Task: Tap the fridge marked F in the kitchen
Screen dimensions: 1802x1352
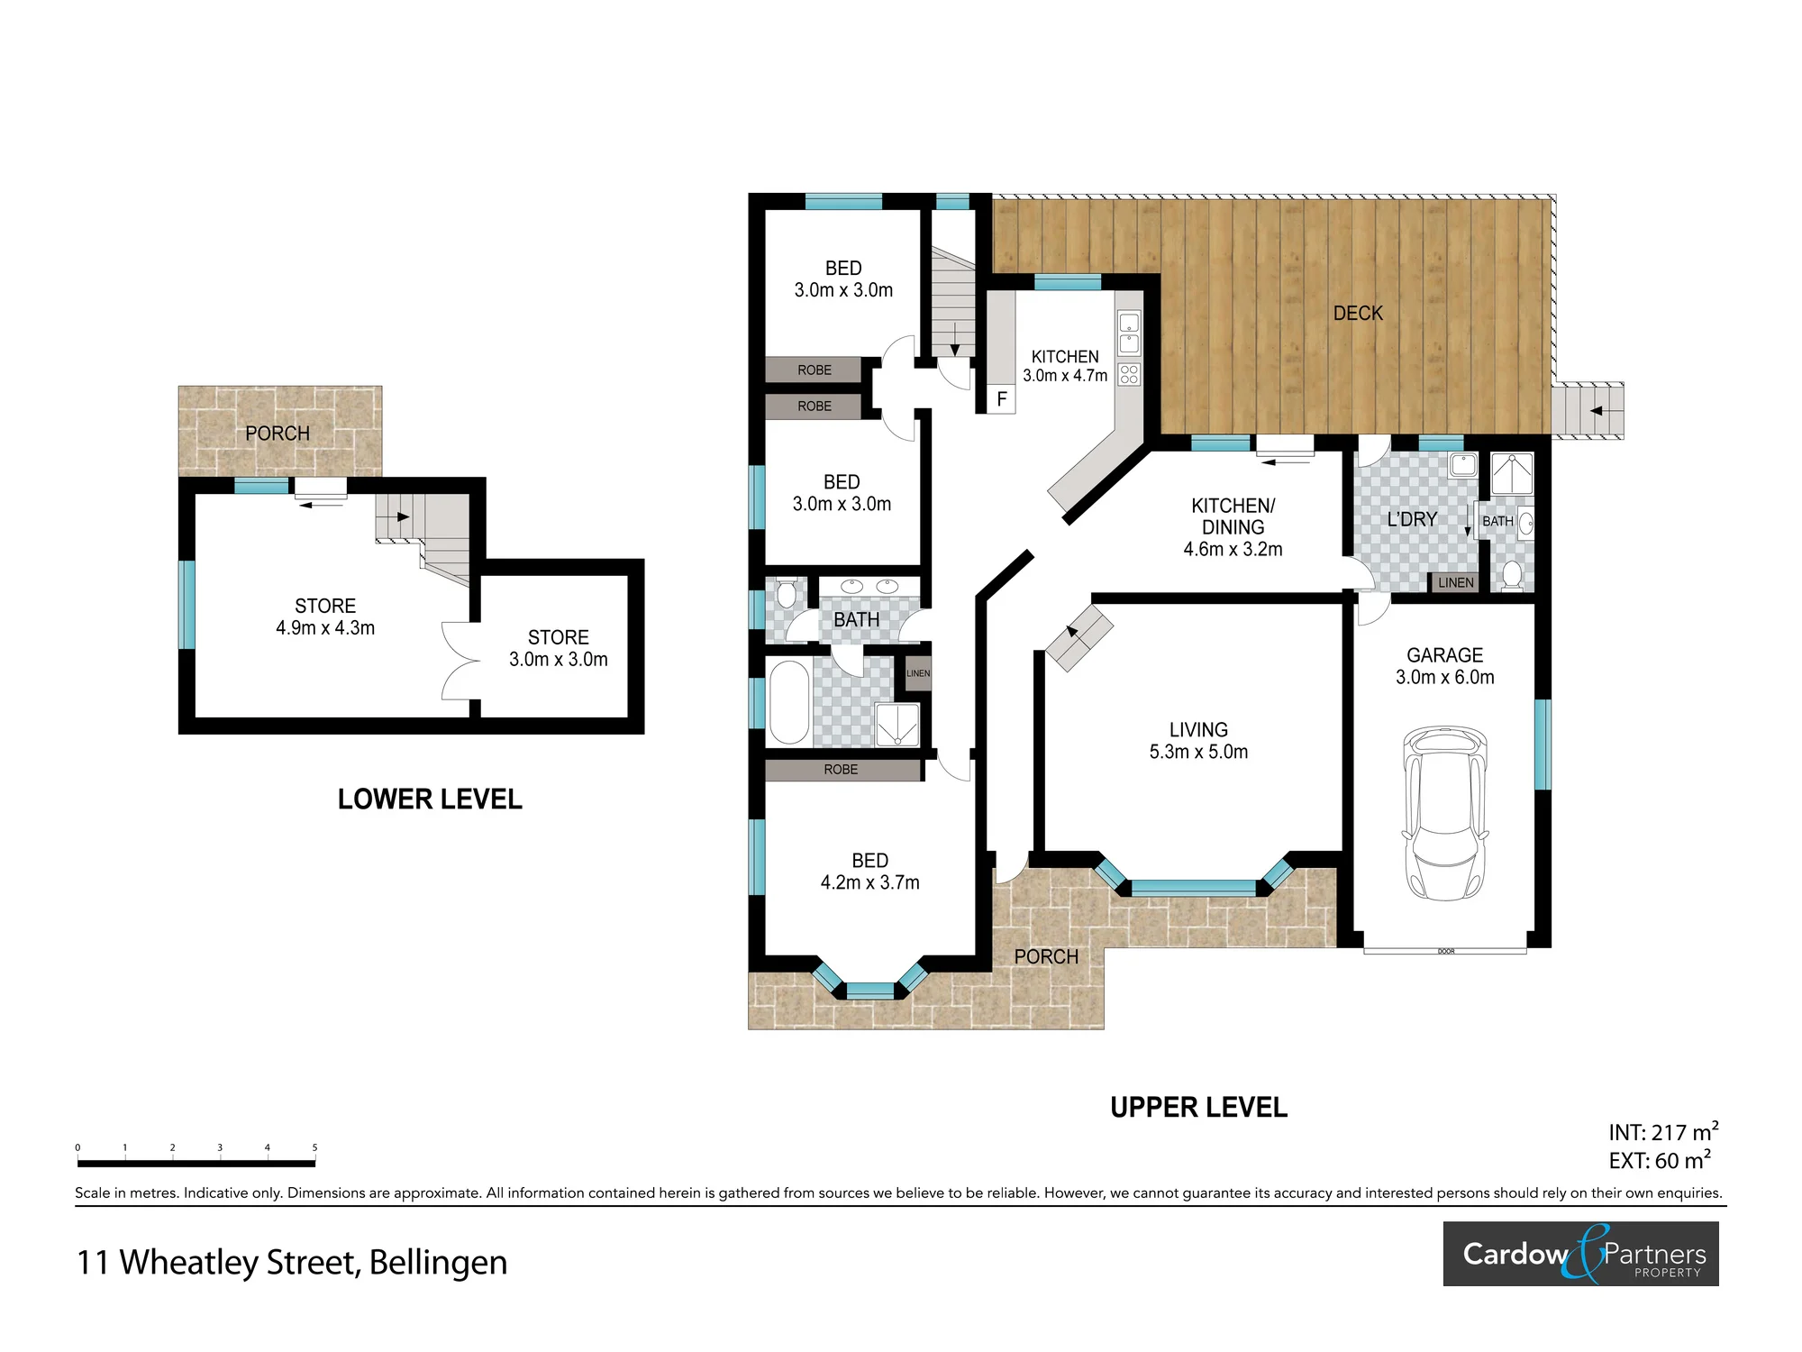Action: click(x=1002, y=399)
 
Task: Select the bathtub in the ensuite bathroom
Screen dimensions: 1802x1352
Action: click(x=790, y=702)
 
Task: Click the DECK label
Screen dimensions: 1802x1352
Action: click(x=1358, y=313)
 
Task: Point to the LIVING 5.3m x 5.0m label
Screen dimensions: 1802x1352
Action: click(x=1198, y=741)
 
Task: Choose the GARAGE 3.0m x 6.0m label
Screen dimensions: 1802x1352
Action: click(x=1444, y=666)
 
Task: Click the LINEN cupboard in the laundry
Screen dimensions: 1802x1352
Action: click(x=1456, y=582)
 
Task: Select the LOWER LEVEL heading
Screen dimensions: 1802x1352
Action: click(x=430, y=799)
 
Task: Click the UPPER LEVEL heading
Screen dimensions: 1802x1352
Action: click(x=1198, y=1108)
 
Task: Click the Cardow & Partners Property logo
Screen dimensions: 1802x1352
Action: click(x=1580, y=1254)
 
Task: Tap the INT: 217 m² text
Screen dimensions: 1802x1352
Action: click(x=1663, y=1132)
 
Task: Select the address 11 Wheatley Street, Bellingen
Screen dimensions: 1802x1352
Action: click(x=292, y=1263)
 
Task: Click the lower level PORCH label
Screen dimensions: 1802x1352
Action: click(x=278, y=434)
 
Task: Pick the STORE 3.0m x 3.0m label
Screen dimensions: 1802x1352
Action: click(x=559, y=648)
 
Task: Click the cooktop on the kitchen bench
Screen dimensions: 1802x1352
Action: click(x=1129, y=374)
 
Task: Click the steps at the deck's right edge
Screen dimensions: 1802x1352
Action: click(x=1588, y=411)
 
